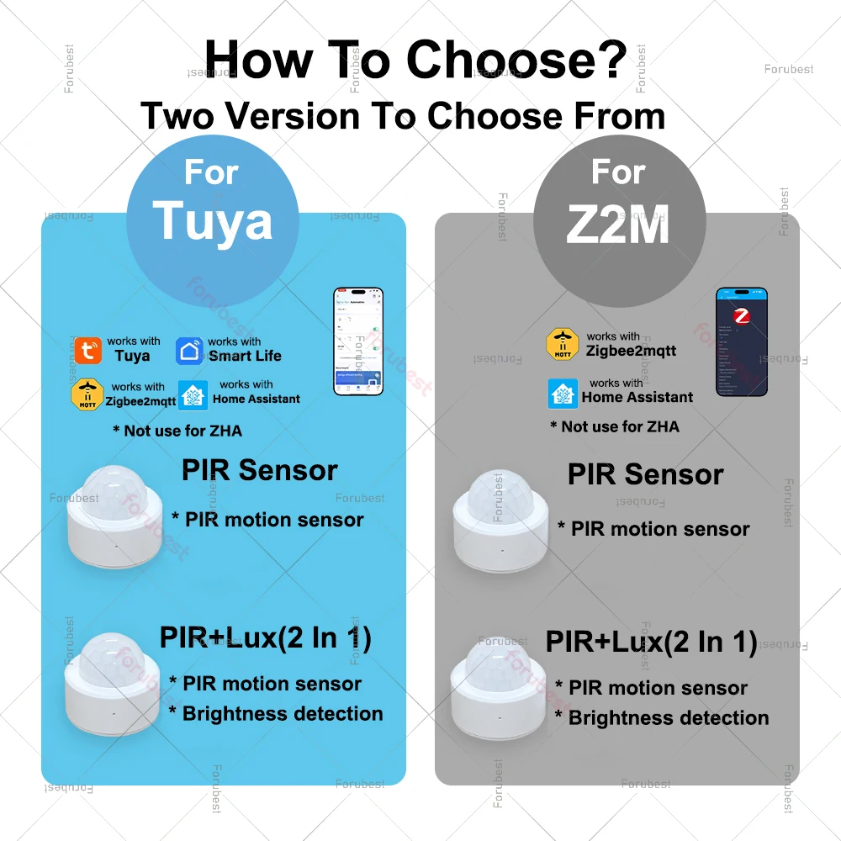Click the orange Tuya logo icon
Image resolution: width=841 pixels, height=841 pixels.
click(x=87, y=350)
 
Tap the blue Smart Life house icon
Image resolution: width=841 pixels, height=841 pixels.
click(x=189, y=350)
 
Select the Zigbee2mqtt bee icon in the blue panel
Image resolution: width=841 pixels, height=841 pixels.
click(x=87, y=394)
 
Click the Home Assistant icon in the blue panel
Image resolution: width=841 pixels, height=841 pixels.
click(x=193, y=394)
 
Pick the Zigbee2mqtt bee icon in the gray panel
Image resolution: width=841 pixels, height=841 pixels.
click(x=563, y=344)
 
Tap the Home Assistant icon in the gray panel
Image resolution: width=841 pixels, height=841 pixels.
click(x=563, y=394)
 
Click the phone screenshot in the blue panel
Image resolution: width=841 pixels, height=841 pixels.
click(x=358, y=341)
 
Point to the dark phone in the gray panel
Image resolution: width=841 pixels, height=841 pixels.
click(x=741, y=341)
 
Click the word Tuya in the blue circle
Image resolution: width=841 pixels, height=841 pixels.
click(x=213, y=220)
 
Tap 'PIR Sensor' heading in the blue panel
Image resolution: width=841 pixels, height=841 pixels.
click(x=259, y=470)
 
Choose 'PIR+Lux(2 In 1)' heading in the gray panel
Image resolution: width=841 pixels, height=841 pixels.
click(x=651, y=642)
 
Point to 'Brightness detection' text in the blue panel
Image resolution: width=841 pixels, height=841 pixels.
click(x=283, y=714)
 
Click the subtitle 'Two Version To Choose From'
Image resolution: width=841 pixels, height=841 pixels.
click(x=403, y=115)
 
